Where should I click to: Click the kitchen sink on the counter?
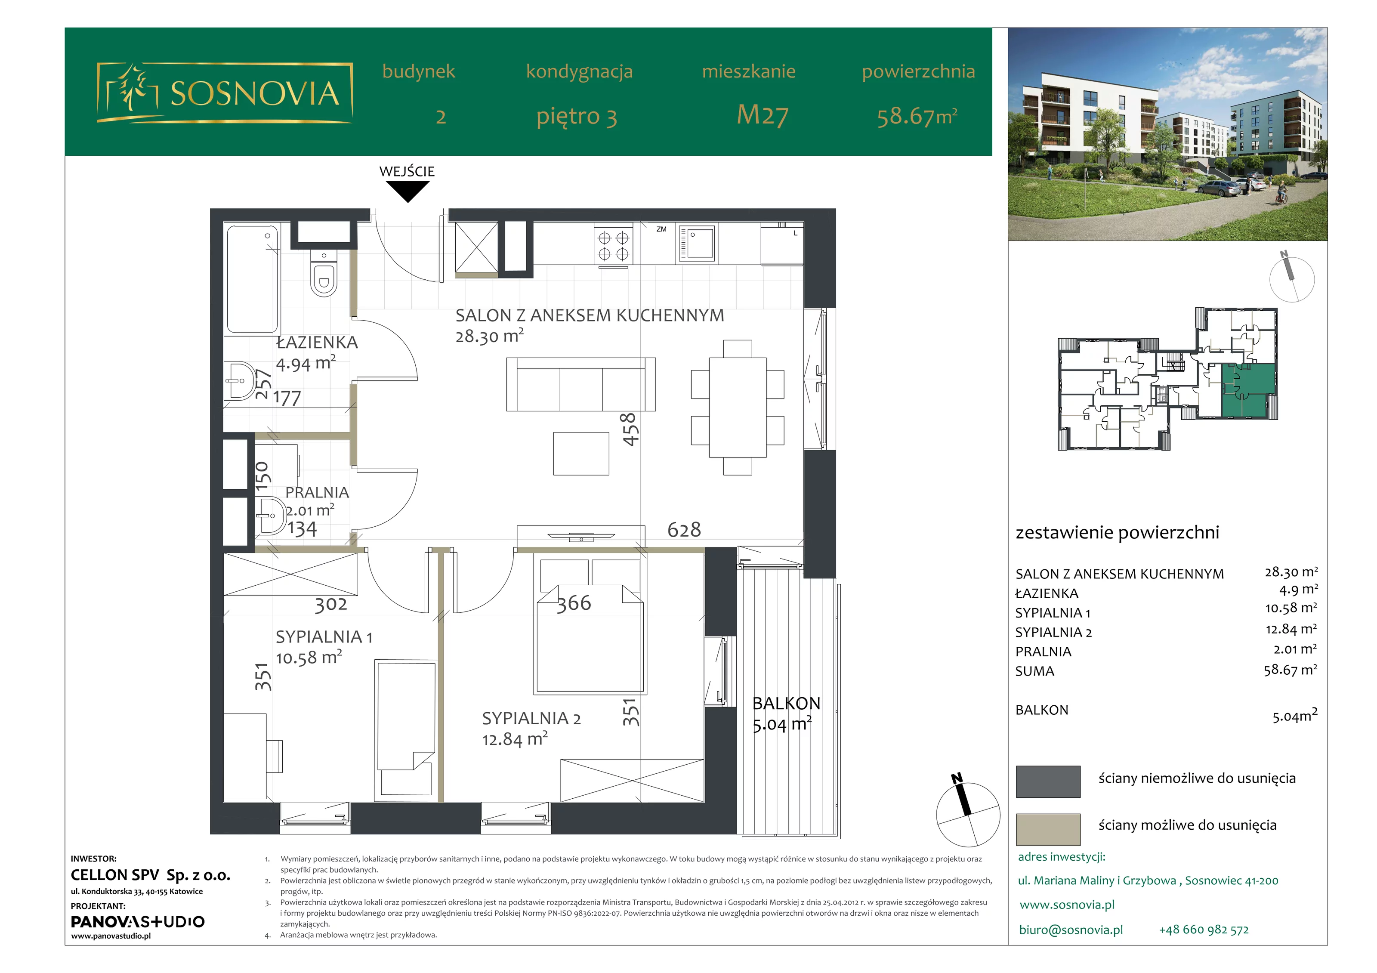697,244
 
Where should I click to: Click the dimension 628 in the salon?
684,530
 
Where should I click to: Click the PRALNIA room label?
317,492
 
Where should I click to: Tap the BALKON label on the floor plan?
786,703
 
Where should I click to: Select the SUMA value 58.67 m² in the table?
1290,670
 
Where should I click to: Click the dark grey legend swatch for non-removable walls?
1048,781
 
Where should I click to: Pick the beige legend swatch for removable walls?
1048,829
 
